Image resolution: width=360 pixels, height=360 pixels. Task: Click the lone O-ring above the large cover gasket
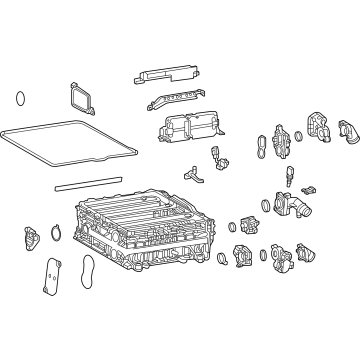pyautogui.click(x=21, y=99)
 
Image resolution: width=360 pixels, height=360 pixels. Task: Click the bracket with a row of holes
pyautogui.click(x=174, y=103)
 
